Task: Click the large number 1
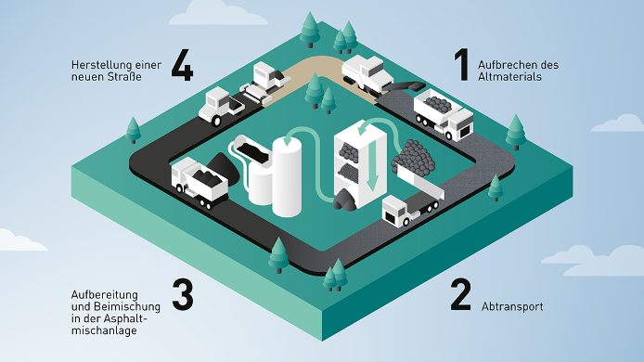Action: click(461, 65)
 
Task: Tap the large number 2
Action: click(460, 294)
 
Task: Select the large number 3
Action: click(183, 294)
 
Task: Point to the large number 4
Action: click(182, 65)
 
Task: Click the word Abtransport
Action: click(512, 306)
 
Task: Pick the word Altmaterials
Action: click(509, 77)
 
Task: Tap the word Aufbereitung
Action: click(104, 294)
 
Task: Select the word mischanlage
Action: click(104, 330)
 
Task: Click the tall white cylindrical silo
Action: click(287, 175)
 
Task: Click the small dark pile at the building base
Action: click(345, 200)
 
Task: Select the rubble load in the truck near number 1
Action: click(438, 104)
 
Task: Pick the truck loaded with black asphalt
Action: click(200, 181)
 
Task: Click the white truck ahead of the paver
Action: click(219, 106)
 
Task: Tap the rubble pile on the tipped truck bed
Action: click(414, 157)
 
